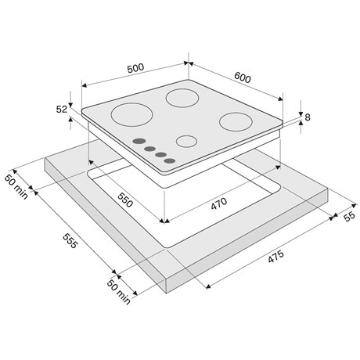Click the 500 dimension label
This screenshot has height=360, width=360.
[x=135, y=68]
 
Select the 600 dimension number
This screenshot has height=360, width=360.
[x=243, y=77]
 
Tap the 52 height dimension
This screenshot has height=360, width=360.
[x=62, y=110]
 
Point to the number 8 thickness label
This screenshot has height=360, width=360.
[x=308, y=117]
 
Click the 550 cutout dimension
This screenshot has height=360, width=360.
[x=125, y=200]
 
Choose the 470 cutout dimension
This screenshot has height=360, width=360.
[x=219, y=203]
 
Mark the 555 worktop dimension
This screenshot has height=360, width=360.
[x=70, y=240]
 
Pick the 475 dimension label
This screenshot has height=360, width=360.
[x=275, y=257]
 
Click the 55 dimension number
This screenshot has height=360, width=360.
[x=349, y=216]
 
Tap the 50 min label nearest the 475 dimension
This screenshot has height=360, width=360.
[x=119, y=292]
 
